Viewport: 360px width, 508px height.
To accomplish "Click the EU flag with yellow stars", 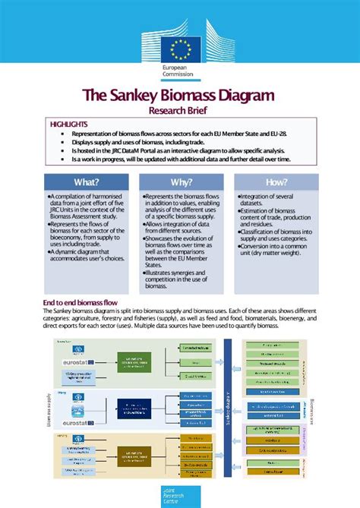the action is tap(180, 49).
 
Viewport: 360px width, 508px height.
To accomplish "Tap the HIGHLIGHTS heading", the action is tap(68, 124).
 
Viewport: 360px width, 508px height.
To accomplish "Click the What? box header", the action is tap(87, 182).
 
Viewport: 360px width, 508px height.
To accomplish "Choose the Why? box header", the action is tap(181, 182).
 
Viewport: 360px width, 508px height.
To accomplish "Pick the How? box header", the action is tap(276, 182).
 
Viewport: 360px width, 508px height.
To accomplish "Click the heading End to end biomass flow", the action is tap(80, 302).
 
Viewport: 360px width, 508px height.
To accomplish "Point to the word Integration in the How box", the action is tap(261, 197).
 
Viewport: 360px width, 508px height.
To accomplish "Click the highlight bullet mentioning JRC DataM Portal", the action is tap(182, 151).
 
